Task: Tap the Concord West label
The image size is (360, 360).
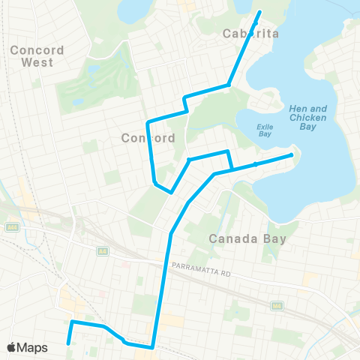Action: click(x=37, y=55)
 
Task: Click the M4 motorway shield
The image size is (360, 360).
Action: click(x=277, y=305)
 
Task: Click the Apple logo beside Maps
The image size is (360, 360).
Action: click(x=12, y=347)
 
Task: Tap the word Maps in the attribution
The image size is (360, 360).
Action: click(x=33, y=347)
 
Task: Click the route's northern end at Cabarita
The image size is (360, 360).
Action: click(x=260, y=12)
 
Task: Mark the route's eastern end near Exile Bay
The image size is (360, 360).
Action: click(x=292, y=155)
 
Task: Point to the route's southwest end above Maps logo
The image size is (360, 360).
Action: click(x=68, y=343)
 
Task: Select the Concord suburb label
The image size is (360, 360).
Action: click(x=148, y=138)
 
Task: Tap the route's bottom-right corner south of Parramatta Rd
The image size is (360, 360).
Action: click(x=153, y=347)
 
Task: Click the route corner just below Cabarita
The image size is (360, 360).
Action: click(x=229, y=85)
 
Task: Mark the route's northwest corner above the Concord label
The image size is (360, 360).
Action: click(x=148, y=121)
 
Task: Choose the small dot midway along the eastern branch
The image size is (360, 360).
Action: click(x=255, y=163)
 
